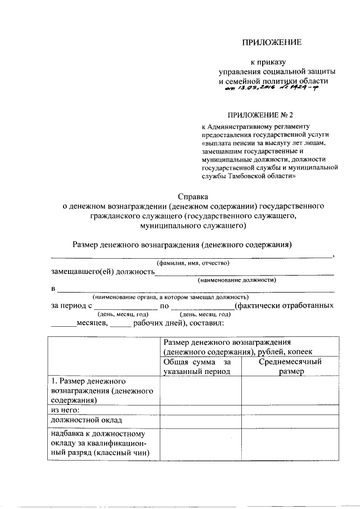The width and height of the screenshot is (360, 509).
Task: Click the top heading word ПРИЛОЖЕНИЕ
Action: point(272,42)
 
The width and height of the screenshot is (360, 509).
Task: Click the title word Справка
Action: point(193,196)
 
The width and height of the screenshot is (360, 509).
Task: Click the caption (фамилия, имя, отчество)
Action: point(192,263)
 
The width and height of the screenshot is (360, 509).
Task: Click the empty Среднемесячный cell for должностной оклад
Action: point(290,420)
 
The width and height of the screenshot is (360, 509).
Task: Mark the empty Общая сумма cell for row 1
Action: point(200,390)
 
